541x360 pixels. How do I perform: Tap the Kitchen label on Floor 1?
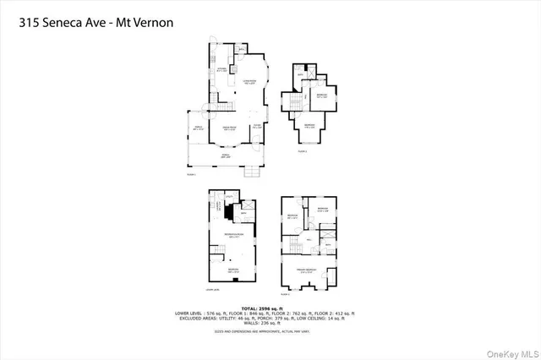point(221,70)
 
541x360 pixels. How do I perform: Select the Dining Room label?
point(228,128)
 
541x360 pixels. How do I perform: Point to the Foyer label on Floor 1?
point(256,127)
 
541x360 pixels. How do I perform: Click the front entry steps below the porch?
point(250,172)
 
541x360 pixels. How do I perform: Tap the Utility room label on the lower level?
point(228,195)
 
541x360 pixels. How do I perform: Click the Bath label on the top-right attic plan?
point(300,75)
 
